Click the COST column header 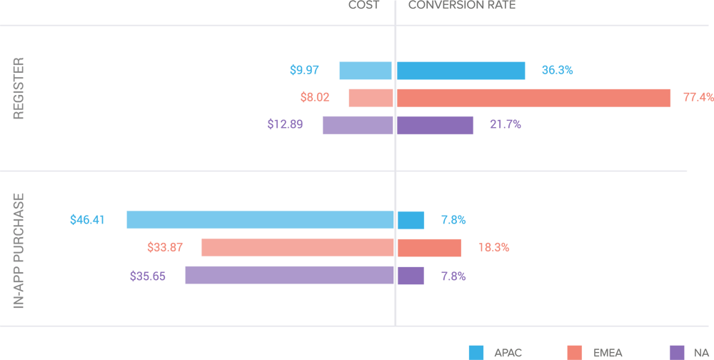(x=363, y=6)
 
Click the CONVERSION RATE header (x=461, y=6)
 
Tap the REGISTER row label (x=19, y=89)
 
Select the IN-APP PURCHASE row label (x=19, y=250)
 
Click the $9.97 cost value (x=304, y=70)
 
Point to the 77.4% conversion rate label (x=698, y=97)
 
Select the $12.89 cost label (x=285, y=124)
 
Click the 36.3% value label (x=557, y=70)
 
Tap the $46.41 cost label (x=87, y=220)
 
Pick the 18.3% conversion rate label (x=493, y=248)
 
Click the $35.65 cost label (x=147, y=276)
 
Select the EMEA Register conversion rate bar (x=533, y=97)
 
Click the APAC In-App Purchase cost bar (x=260, y=220)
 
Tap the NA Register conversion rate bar (x=435, y=125)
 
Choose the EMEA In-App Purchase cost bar (x=297, y=248)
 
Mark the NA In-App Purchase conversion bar (x=411, y=276)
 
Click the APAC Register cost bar (x=366, y=71)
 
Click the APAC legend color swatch (x=476, y=352)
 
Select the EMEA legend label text (x=608, y=353)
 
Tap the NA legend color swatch (x=678, y=352)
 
